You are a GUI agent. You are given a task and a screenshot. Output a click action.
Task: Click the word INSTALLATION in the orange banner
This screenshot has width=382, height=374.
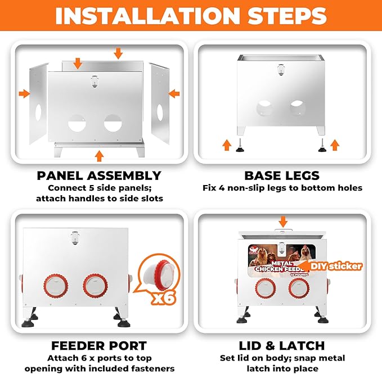pos(147,16)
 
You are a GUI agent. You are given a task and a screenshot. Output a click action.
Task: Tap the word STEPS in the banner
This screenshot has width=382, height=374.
pos(287,16)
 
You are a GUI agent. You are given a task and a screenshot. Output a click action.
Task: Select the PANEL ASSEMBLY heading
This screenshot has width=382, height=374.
pos(99,175)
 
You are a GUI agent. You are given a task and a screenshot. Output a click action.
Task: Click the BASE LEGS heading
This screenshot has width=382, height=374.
pos(282,175)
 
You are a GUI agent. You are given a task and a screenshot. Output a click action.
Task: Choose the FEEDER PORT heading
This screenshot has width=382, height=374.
pos(99,346)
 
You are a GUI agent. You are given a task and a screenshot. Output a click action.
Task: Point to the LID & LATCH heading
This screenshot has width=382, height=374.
pos(282,346)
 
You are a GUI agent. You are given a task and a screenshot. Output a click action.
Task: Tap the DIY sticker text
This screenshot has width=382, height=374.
pos(336,266)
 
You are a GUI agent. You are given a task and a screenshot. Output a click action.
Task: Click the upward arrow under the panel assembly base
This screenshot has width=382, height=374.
pos(99,156)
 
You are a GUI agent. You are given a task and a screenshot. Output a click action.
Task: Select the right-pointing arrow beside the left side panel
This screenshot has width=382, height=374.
pos(24,94)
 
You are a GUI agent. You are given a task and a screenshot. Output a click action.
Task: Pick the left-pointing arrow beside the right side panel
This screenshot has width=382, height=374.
pos(174,94)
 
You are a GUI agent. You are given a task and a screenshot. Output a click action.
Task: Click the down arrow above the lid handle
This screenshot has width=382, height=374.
pos(283,222)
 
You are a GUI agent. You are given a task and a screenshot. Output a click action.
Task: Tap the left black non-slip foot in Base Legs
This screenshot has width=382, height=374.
pos(240,146)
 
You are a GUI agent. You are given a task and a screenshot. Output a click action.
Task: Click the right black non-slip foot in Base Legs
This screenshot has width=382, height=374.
pos(322,146)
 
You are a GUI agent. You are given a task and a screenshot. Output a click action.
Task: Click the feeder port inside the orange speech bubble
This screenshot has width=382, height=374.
pos(159,275)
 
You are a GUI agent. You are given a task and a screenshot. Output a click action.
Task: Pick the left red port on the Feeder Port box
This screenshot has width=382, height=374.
pos(56,286)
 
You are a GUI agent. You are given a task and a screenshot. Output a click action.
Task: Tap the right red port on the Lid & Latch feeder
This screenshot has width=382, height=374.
pos(299,288)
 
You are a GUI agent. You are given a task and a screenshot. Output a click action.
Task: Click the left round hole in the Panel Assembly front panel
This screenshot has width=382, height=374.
pos(77,123)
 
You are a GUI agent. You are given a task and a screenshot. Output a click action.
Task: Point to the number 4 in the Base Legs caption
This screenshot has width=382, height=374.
pos(222,188)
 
